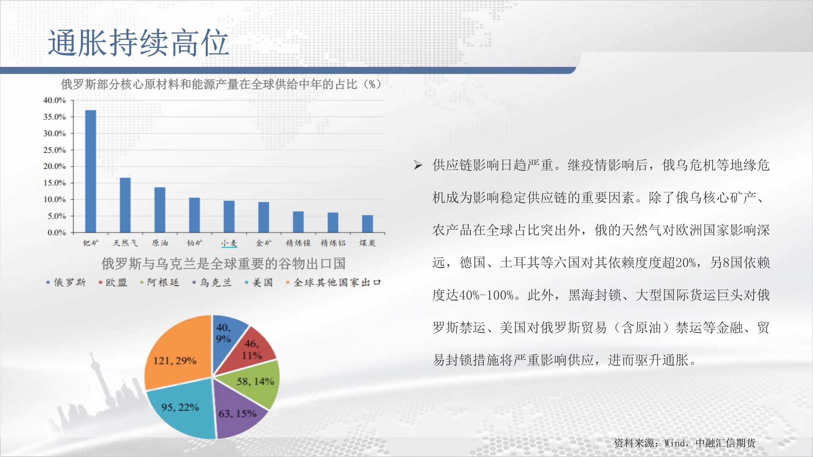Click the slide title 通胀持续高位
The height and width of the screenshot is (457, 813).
click(139, 43)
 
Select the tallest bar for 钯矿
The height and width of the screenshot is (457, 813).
click(91, 171)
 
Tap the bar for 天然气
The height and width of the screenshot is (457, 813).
click(125, 205)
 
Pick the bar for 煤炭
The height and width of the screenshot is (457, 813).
click(367, 223)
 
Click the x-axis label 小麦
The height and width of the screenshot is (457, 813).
click(229, 243)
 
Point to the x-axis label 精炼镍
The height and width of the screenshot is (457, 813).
click(298, 243)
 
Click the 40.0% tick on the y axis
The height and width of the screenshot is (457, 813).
click(54, 100)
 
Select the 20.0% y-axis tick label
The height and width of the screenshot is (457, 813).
click(54, 166)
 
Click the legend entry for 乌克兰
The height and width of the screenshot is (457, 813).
click(212, 282)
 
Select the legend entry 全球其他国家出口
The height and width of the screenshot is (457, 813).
click(333, 282)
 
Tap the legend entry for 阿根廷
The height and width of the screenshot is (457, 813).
click(159, 282)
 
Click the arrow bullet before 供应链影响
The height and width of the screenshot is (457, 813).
click(418, 165)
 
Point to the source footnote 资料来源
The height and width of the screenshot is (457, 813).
click(685, 443)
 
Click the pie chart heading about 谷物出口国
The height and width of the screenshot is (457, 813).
click(224, 264)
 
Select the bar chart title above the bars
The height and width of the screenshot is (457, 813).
click(221, 84)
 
